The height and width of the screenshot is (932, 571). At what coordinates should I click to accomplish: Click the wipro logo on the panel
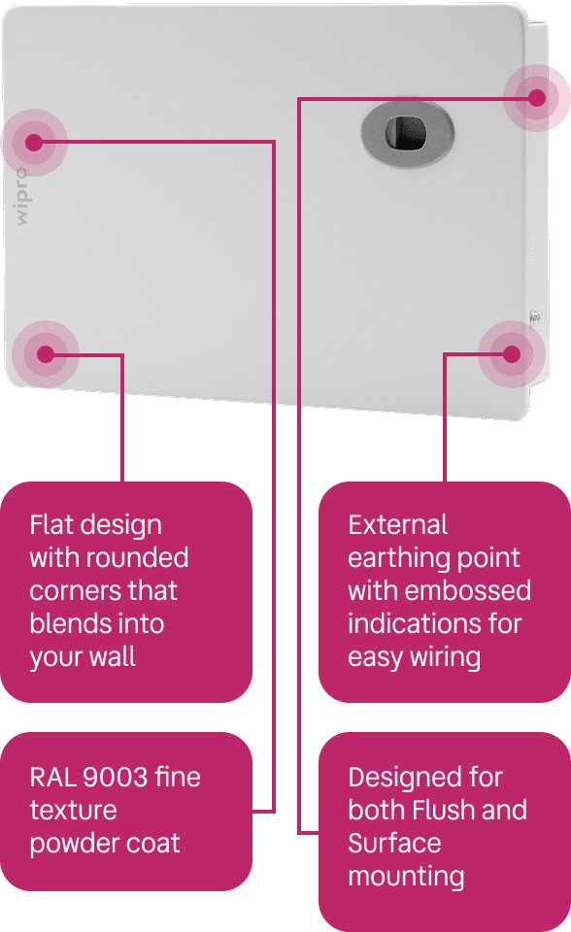(20, 197)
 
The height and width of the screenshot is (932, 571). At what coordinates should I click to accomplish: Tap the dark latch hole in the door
(406, 133)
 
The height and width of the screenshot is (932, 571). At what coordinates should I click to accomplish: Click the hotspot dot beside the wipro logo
(34, 143)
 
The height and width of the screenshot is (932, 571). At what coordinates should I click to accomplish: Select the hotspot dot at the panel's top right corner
(536, 97)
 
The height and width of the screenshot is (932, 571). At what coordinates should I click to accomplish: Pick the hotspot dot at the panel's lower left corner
(46, 354)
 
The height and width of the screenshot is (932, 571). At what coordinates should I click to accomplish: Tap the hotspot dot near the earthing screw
(512, 354)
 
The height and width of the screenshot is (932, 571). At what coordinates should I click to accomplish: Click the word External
(397, 525)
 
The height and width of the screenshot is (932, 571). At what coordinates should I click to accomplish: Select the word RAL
(52, 778)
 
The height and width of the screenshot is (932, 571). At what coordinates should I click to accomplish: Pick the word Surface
(394, 844)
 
